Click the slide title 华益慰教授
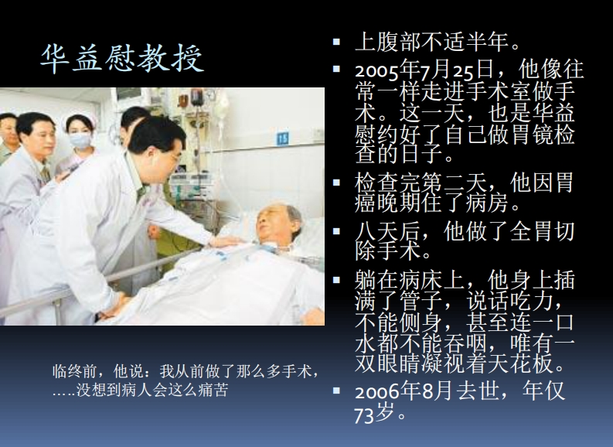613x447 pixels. click(122, 58)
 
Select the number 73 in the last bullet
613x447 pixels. click(364, 416)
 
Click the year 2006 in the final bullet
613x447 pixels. click(377, 391)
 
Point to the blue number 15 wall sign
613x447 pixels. click(282, 138)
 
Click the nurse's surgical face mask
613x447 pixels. click(80, 140)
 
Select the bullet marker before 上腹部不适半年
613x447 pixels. click(336, 42)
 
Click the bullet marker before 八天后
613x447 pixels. click(336, 230)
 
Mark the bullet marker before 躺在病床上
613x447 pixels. click(336, 280)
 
